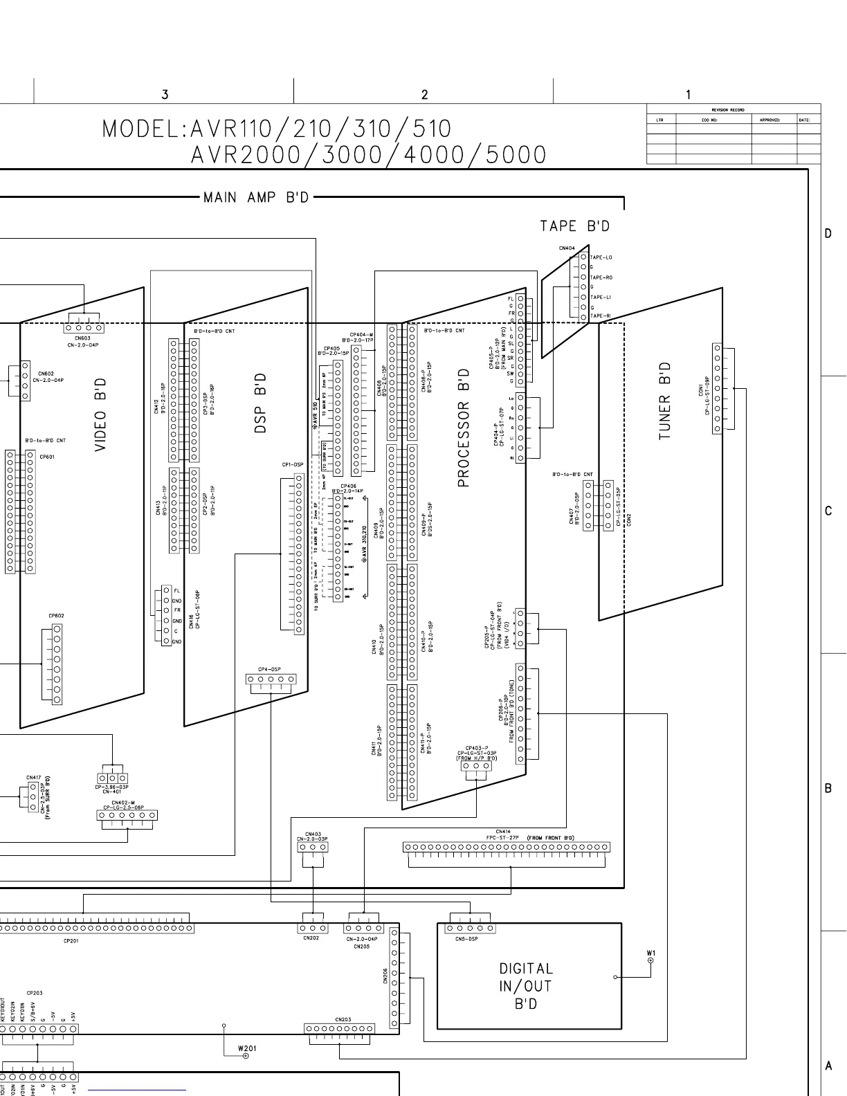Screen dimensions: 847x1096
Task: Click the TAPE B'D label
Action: [574, 226]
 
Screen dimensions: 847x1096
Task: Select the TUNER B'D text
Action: [665, 401]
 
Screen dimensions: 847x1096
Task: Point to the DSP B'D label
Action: [260, 403]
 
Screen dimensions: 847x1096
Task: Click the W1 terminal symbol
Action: [650, 961]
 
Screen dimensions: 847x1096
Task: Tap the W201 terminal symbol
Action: [245, 1056]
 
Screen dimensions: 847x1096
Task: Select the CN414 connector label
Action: [503, 832]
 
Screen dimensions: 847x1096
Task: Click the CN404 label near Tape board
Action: [567, 248]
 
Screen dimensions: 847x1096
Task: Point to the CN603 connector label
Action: [82, 338]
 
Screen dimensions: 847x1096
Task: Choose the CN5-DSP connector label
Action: [466, 939]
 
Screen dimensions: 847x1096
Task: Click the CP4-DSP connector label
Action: [269, 670]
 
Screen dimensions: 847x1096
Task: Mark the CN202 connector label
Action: [311, 938]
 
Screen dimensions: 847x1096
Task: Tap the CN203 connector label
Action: [343, 1019]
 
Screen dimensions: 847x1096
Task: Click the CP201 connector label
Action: [71, 941]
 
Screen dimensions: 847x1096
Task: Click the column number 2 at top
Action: [424, 95]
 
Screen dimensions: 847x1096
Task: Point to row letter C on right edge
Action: [828, 511]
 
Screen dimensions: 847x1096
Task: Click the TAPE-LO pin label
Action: [601, 257]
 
